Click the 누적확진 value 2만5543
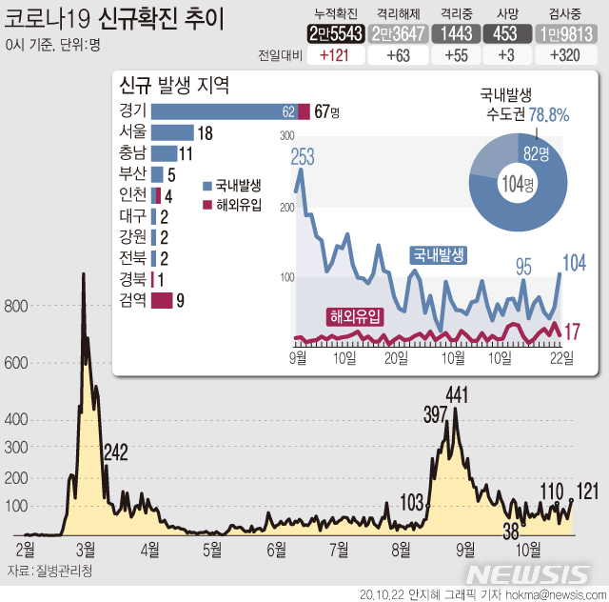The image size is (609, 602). click(336, 33)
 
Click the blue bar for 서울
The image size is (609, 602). click(172, 132)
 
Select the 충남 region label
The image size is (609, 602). click(133, 153)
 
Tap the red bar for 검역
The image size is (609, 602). click(162, 301)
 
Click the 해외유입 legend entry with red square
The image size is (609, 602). click(233, 204)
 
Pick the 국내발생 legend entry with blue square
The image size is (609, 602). click(233, 186)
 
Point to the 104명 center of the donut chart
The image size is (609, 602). click(518, 184)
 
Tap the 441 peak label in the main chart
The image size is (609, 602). click(459, 394)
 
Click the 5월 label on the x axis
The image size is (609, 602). click(213, 549)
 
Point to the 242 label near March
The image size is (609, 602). click(115, 451)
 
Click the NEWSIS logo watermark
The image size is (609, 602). click(528, 573)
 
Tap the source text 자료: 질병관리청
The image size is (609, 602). click(49, 570)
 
